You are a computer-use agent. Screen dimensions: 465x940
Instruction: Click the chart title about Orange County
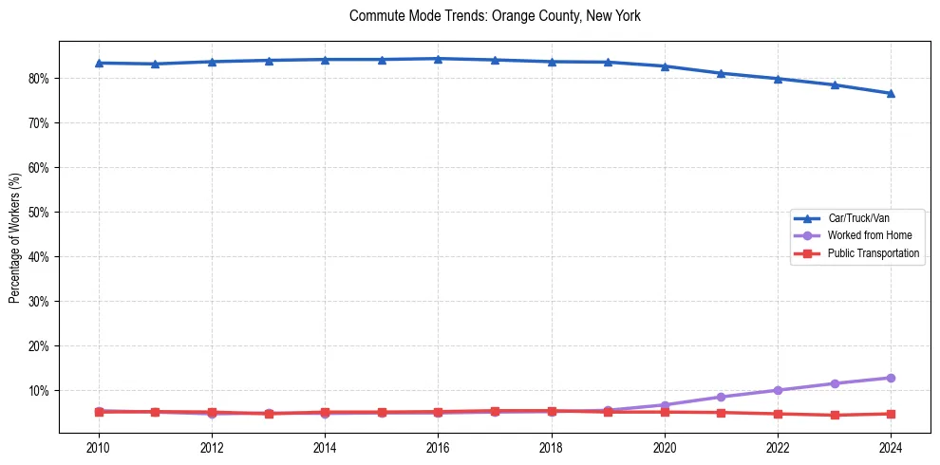[495, 16]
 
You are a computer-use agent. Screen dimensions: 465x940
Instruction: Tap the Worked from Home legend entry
[865, 235]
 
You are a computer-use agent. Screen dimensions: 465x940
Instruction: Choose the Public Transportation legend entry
[873, 253]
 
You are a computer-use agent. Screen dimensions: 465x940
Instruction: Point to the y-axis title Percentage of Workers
[15, 238]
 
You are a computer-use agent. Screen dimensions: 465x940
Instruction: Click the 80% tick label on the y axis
[39, 79]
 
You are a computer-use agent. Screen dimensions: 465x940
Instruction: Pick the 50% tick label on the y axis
[39, 213]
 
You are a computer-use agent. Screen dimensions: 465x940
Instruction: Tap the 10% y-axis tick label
[39, 391]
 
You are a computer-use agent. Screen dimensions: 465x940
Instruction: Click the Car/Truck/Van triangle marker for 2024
[891, 93]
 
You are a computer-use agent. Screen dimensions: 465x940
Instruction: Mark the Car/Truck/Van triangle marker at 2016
[438, 59]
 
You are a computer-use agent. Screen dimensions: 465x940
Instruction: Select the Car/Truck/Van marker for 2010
[99, 63]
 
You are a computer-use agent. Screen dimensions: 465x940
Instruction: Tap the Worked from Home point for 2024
[891, 378]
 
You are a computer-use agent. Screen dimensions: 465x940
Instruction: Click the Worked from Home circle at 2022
[778, 390]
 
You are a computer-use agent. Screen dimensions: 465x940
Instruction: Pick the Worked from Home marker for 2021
[721, 397]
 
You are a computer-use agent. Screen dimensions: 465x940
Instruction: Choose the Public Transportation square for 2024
[891, 414]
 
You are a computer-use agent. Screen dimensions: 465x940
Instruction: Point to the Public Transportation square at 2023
[835, 415]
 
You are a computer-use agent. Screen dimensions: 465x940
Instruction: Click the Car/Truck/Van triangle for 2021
[721, 73]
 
